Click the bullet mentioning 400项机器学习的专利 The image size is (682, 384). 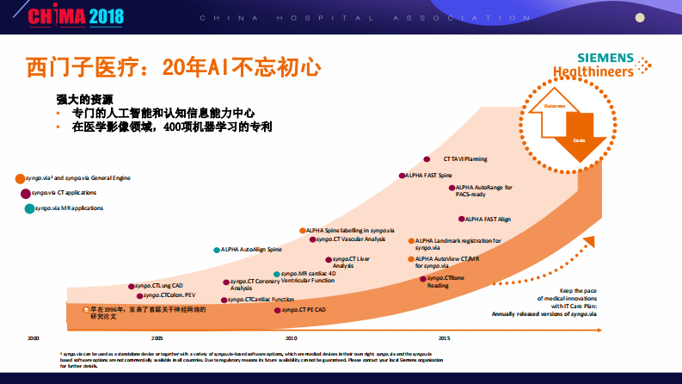(173, 126)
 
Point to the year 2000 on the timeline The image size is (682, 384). (33, 338)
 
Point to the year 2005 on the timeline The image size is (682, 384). (157, 338)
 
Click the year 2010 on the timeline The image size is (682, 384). (291, 338)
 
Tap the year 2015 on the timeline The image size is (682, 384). (443, 338)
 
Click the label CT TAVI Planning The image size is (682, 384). (465, 158)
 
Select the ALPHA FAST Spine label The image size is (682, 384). (428, 176)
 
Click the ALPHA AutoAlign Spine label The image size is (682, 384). (250, 250)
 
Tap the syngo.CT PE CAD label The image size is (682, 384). (304, 309)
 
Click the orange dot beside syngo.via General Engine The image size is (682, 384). (20, 178)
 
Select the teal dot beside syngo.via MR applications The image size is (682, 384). (29, 208)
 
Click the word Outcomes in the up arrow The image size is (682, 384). (555, 107)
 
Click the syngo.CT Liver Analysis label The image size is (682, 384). (351, 262)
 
